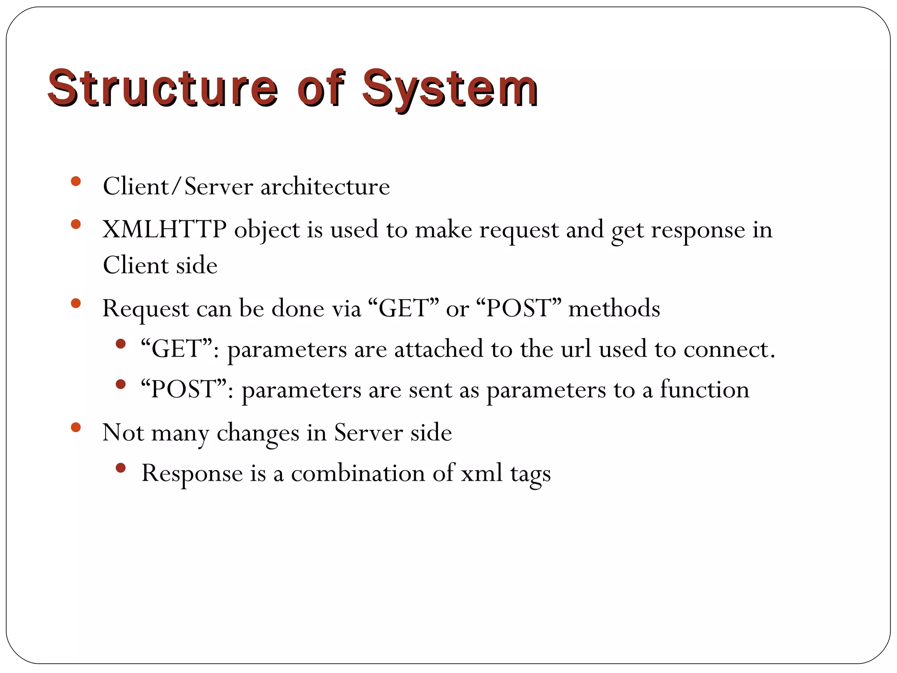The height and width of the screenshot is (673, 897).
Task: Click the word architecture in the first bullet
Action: [325, 187]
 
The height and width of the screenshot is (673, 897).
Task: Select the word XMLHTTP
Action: [164, 229]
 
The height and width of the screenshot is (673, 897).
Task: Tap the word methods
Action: [614, 308]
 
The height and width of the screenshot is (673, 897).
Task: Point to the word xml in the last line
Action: [481, 473]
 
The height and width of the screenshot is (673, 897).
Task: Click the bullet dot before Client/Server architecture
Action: [76, 181]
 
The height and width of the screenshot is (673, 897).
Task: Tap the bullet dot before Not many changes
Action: [76, 427]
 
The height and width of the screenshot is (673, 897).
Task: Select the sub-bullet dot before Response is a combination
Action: [121, 468]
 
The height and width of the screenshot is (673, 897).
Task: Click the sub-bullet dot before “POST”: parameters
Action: [121, 384]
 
